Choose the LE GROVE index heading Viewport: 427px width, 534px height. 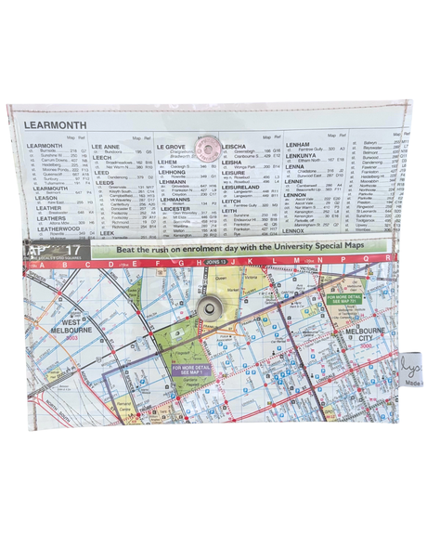tap(171, 147)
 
